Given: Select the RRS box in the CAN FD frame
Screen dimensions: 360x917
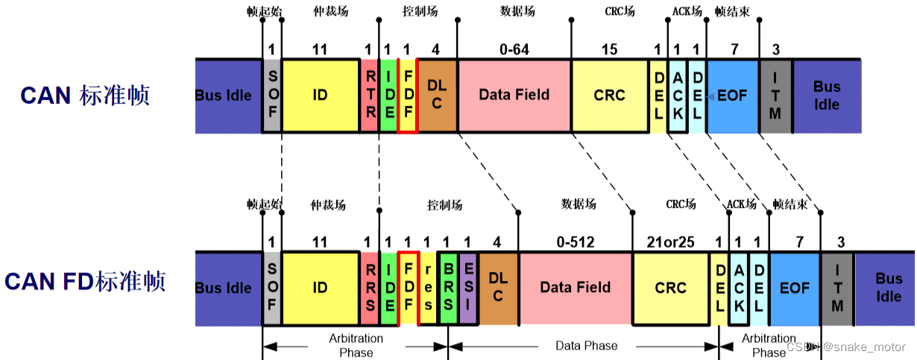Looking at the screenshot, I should tap(370, 288).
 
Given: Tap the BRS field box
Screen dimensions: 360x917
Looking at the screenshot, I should tap(449, 288).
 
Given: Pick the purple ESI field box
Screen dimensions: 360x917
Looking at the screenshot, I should tap(468, 288).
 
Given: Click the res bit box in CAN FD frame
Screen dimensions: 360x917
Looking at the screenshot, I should tap(429, 288).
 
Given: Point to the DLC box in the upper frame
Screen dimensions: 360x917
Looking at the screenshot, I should tap(437, 96).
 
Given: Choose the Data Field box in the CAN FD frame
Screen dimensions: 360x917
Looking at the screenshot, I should tap(575, 288).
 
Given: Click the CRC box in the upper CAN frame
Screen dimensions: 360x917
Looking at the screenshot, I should tap(609, 96).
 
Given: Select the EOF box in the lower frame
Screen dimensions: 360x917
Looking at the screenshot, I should tap(794, 288).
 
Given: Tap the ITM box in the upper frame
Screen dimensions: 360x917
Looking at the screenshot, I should tap(775, 96).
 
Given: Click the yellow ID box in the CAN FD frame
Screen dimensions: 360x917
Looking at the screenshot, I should tap(320, 288).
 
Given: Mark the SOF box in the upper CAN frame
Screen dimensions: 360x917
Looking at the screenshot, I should tap(271, 96).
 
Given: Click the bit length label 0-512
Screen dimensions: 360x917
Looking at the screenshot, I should tap(575, 241).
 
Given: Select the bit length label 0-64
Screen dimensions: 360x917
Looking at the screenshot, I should tap(514, 50).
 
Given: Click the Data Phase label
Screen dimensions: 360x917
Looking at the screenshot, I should tap(587, 346).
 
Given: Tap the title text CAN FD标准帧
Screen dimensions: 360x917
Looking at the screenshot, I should tap(84, 282).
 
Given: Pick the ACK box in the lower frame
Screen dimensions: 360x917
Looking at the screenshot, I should tap(738, 288).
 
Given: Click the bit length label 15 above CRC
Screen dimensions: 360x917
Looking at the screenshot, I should tap(609, 50).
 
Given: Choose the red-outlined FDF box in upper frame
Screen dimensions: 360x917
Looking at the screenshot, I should tap(408, 96).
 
